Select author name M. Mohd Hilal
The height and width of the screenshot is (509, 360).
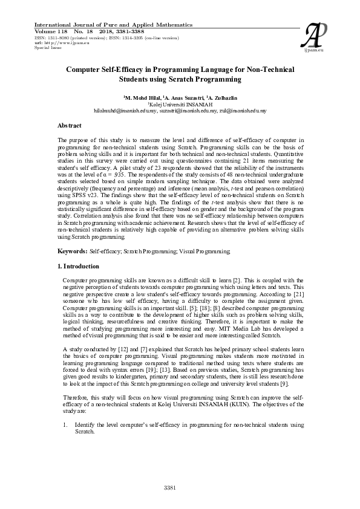[142, 97]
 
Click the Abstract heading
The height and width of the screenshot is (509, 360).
[70, 125]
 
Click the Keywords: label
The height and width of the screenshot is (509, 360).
[72, 250]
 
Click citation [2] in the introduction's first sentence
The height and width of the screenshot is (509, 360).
[238, 280]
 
